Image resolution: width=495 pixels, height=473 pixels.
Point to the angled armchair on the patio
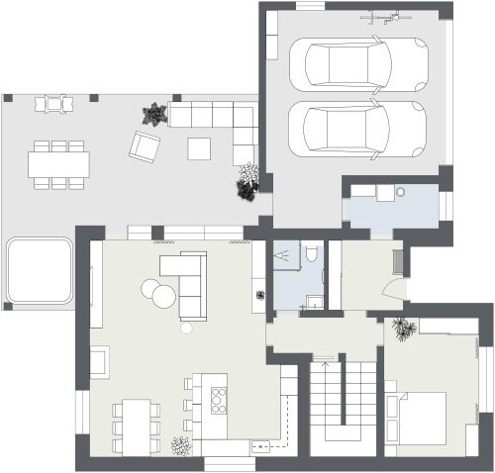point(145,147)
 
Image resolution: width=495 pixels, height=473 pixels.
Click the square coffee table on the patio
point(199,147)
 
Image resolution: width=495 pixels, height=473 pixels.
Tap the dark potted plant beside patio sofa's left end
point(153,115)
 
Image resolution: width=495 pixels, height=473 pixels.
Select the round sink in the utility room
point(402,193)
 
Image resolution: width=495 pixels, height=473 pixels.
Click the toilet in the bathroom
point(312,255)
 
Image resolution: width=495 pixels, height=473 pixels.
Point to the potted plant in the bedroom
point(402,328)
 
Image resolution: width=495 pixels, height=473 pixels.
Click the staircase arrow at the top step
point(323,357)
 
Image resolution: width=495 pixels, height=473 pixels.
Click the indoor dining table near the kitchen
point(137,426)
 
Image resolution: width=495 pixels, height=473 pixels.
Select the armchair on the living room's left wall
point(100,361)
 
